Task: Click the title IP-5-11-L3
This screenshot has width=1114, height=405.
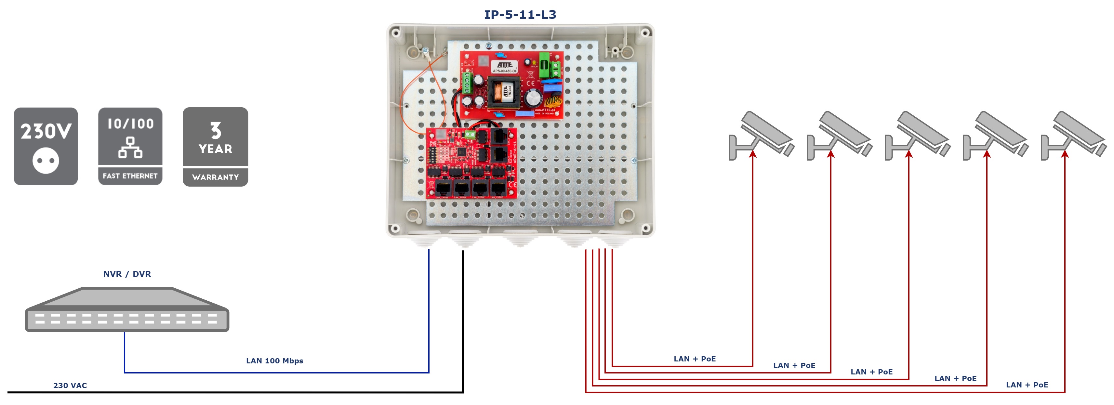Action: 520,15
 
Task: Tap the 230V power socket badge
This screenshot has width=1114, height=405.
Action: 46,146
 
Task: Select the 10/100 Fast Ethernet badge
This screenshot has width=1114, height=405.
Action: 130,146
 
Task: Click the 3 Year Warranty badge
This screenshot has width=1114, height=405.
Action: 215,147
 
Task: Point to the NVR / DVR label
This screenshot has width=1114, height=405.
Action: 127,274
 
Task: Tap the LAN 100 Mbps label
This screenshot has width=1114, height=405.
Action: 275,361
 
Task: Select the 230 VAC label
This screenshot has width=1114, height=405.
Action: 70,385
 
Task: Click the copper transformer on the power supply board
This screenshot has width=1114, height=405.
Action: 504,92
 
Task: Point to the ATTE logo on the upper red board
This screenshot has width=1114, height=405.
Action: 504,65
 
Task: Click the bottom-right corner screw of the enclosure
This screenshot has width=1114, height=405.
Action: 645,228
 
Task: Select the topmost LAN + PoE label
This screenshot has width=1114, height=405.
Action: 695,359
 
